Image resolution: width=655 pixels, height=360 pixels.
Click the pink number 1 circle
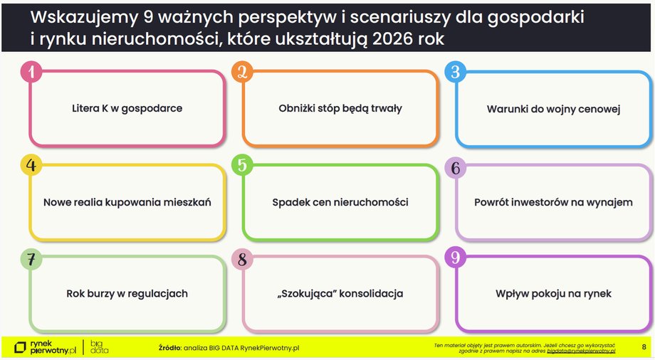pos(31,72)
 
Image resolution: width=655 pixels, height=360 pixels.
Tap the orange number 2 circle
pos(243,72)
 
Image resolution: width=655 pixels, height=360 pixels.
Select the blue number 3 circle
pos(456,72)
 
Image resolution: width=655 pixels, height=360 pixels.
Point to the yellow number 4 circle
pos(31,165)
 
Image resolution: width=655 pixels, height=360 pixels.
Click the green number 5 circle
pos(243,165)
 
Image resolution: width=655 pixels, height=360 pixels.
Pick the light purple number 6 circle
pos(456,167)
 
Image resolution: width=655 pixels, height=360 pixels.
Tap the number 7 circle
pos(31,259)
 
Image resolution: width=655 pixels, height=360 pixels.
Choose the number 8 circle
pos(243,260)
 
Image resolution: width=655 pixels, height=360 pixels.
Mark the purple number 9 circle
pos(456,258)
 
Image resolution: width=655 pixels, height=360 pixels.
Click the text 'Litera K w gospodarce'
pos(127,109)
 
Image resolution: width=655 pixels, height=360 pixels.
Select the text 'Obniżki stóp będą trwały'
pos(340,109)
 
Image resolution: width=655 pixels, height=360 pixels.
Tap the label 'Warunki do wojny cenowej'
pos(554,110)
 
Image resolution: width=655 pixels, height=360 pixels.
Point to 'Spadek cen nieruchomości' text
pos(340,203)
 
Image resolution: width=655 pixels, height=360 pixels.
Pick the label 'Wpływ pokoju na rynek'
pos(554,294)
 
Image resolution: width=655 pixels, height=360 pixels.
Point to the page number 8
pos(644,346)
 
